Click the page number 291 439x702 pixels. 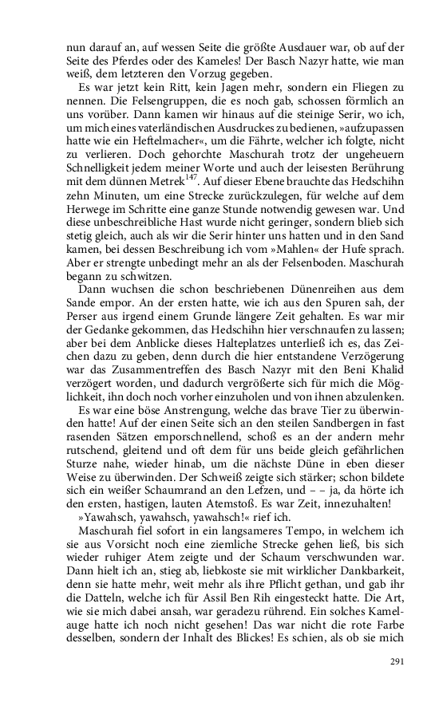tap(397, 661)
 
